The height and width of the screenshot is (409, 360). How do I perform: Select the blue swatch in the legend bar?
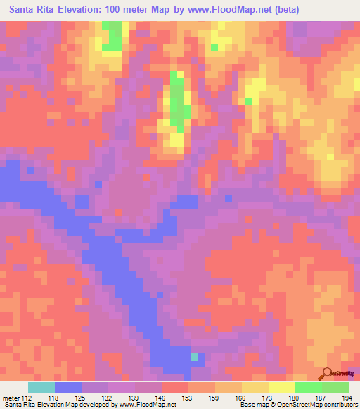click(x=68, y=387)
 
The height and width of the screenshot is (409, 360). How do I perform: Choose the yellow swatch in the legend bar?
click(x=281, y=387)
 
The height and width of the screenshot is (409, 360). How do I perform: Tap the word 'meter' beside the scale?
click(x=10, y=398)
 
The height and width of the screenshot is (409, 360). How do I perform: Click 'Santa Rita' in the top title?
click(x=34, y=10)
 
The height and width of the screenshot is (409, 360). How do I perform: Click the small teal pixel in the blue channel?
click(x=194, y=356)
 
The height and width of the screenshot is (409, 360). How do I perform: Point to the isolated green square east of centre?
click(x=249, y=102)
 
